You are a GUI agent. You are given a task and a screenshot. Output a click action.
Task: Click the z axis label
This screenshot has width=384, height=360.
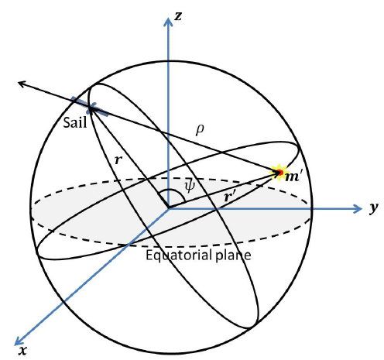[178, 15]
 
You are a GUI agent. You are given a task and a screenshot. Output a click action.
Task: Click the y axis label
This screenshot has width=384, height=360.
[373, 207]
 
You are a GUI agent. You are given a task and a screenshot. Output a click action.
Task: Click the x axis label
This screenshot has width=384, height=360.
[23, 350]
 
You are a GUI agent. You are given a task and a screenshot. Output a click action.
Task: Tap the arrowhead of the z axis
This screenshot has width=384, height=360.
[168, 22]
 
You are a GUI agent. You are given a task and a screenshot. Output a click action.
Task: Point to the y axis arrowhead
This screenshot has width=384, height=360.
[358, 208]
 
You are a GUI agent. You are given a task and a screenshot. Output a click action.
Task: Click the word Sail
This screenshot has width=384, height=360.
[75, 122]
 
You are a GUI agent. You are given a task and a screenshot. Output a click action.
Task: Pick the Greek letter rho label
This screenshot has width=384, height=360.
[200, 129]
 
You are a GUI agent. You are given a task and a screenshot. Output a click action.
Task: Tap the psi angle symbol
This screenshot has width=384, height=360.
[190, 186]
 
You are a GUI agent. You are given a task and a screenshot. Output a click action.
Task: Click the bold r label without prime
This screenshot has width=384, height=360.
[118, 159]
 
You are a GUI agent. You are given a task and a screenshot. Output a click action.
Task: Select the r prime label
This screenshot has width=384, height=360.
[230, 197]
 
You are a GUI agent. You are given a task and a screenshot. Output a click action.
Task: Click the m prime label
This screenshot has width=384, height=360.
[293, 177]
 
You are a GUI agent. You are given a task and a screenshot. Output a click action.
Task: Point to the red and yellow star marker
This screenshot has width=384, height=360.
[279, 173]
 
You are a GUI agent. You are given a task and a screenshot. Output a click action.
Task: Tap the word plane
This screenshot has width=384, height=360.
[233, 255]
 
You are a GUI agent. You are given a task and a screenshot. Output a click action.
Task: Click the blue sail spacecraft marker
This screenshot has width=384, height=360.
[90, 107]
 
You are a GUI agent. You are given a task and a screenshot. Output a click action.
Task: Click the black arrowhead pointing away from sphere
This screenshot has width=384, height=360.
[22, 84]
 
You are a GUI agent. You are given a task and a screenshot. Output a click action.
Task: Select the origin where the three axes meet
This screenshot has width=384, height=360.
[169, 208]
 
